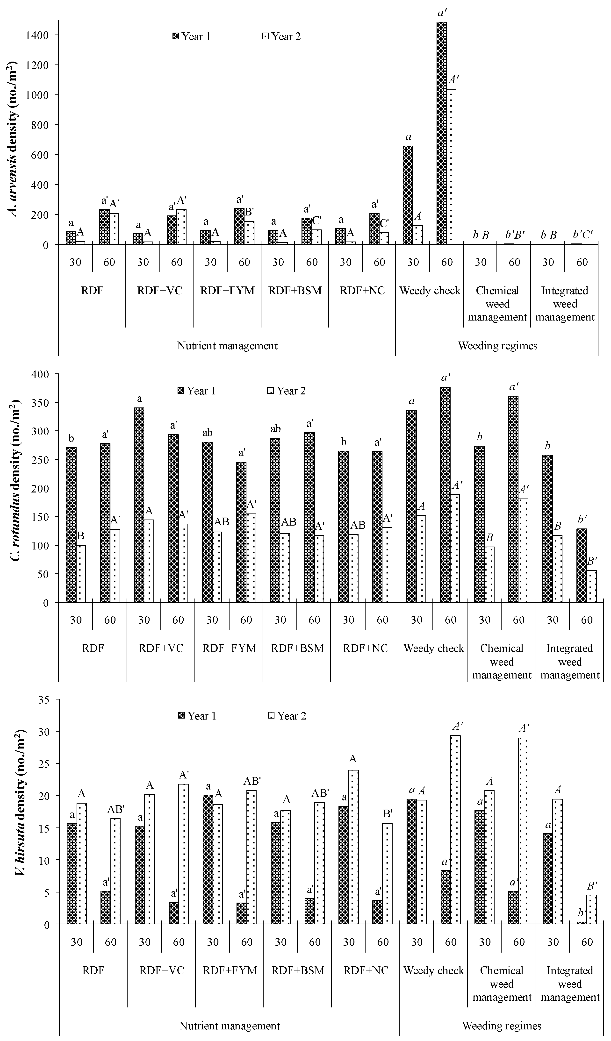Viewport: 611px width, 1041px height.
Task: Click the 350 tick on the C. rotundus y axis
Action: pyautogui.click(x=41, y=403)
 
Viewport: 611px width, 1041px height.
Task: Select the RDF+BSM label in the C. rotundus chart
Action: pyautogui.click(x=297, y=648)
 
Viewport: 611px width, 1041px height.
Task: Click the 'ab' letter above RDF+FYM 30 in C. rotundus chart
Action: pyautogui.click(x=207, y=433)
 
